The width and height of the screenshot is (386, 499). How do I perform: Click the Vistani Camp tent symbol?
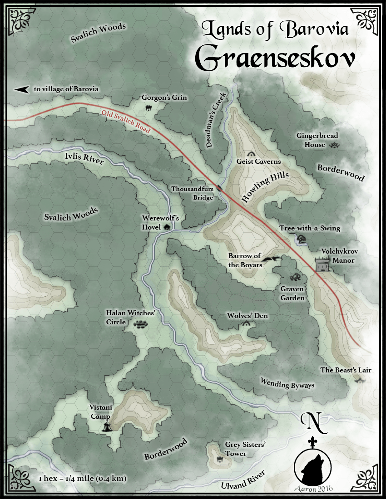pyautogui.click(x=107, y=426)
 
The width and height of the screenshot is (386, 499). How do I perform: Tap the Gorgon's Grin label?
pyautogui.click(x=164, y=98)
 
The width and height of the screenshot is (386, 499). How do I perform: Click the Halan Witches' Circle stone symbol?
pyautogui.click(x=140, y=324)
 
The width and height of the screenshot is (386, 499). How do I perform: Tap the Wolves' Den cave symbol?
pyautogui.click(x=247, y=323)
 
